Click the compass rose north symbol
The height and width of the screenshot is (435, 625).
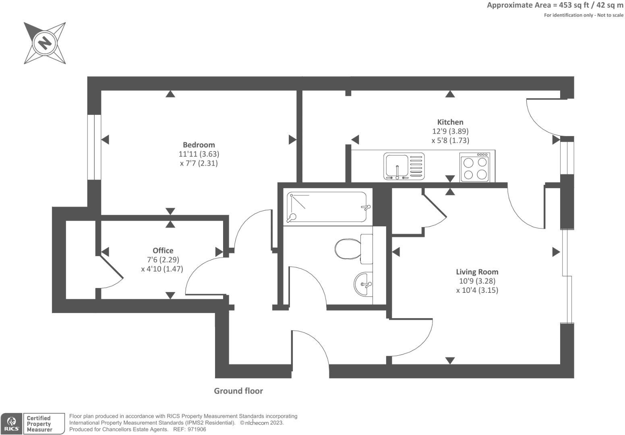44,43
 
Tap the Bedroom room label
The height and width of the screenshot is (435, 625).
199,145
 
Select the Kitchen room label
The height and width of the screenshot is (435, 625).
450,122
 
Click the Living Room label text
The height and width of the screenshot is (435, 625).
477,272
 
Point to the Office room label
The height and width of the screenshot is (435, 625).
163,251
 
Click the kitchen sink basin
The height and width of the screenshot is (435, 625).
397,166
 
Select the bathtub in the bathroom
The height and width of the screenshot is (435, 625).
327,207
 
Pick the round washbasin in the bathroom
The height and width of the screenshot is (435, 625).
364,284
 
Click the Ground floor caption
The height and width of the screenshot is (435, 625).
238,391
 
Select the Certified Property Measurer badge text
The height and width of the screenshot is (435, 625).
39,424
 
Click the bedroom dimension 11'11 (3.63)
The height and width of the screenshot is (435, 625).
199,154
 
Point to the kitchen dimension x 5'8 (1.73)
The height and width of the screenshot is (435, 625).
450,141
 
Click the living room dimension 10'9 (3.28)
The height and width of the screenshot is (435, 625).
477,281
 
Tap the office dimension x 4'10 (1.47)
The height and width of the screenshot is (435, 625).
162,269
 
